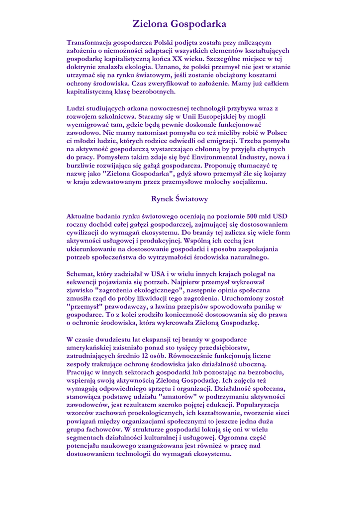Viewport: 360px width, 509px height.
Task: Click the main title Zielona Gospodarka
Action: tap(180, 23)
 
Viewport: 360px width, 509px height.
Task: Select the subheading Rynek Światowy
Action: tap(180, 199)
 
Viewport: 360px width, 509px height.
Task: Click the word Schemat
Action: tap(81, 274)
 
